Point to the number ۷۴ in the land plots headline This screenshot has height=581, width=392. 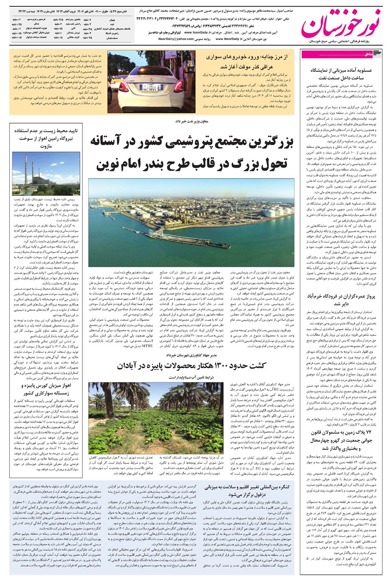pyautogui.click(x=367, y=432)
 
